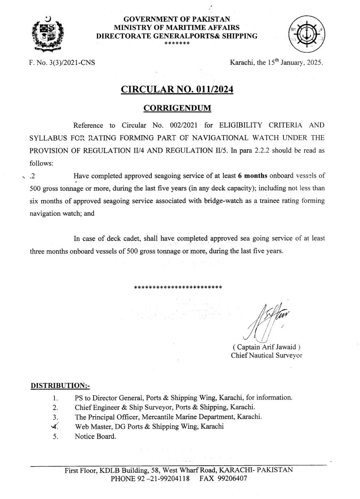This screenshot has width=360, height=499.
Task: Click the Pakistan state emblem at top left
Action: [48, 34]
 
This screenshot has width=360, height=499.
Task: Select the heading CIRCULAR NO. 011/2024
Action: [177, 89]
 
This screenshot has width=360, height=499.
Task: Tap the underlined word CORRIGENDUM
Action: [177, 108]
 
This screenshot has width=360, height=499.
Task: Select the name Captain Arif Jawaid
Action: [266, 347]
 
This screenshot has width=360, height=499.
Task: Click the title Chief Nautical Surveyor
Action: [266, 355]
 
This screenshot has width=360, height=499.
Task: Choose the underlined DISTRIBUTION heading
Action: [57, 385]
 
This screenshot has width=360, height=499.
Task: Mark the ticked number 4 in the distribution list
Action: [55, 426]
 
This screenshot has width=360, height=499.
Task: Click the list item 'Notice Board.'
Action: [96, 436]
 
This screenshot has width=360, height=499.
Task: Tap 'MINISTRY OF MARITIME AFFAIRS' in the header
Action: [177, 27]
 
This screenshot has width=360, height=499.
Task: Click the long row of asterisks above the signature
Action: [178, 287]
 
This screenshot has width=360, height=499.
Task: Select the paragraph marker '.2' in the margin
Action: [32, 176]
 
